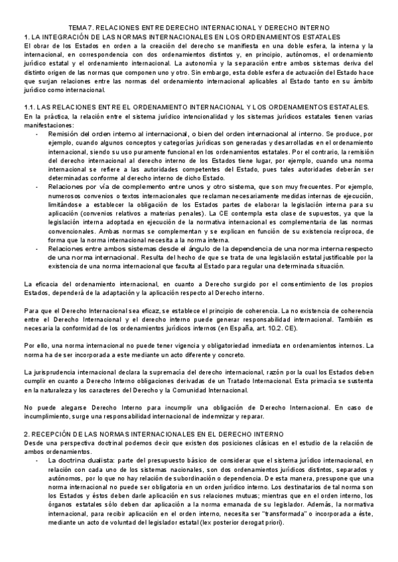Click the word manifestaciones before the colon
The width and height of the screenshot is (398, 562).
click(46, 124)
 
